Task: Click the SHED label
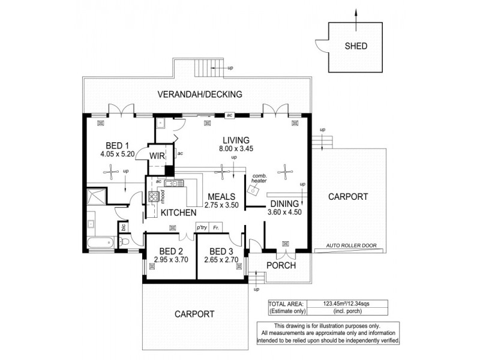pos(355,46)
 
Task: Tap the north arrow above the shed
pos(355,14)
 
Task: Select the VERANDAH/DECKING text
pos(199,94)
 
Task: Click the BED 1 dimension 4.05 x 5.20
pos(118,154)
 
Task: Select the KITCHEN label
pos(178,213)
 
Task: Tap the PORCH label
pos(281,265)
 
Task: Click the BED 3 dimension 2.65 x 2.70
pos(221,260)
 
